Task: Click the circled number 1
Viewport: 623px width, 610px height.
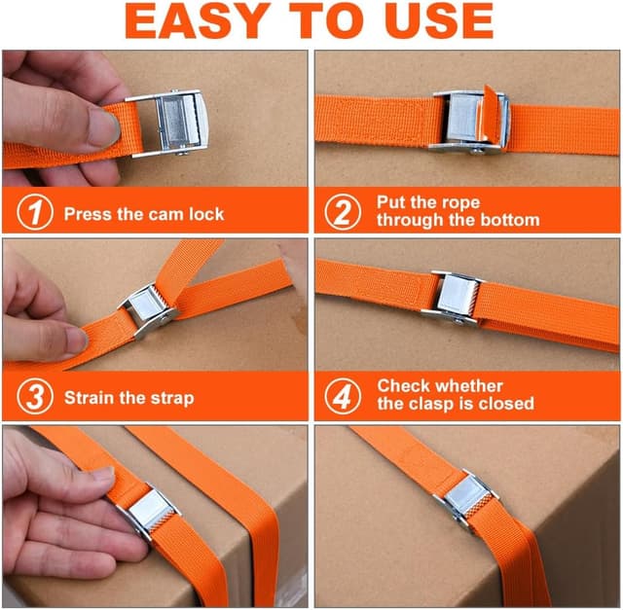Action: (35, 212)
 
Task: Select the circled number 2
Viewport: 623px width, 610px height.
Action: (343, 212)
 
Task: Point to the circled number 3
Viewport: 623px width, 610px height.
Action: (35, 396)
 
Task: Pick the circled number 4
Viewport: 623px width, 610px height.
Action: (343, 396)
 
